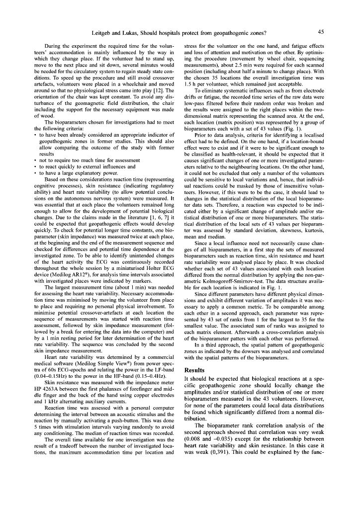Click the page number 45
click(321, 32)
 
